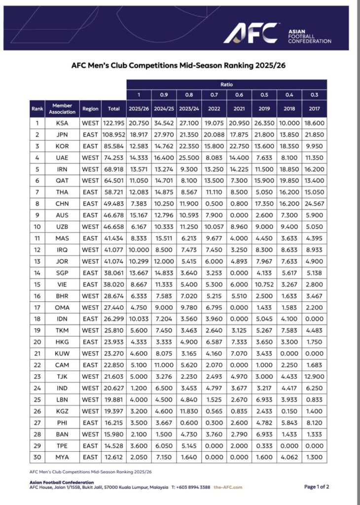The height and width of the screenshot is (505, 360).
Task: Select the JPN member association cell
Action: [x=62, y=135]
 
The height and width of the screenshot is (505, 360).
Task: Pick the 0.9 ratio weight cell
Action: [x=164, y=95]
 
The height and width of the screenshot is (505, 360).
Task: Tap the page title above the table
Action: [x=180, y=65]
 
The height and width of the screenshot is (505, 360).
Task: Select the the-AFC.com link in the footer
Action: [x=229, y=487]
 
